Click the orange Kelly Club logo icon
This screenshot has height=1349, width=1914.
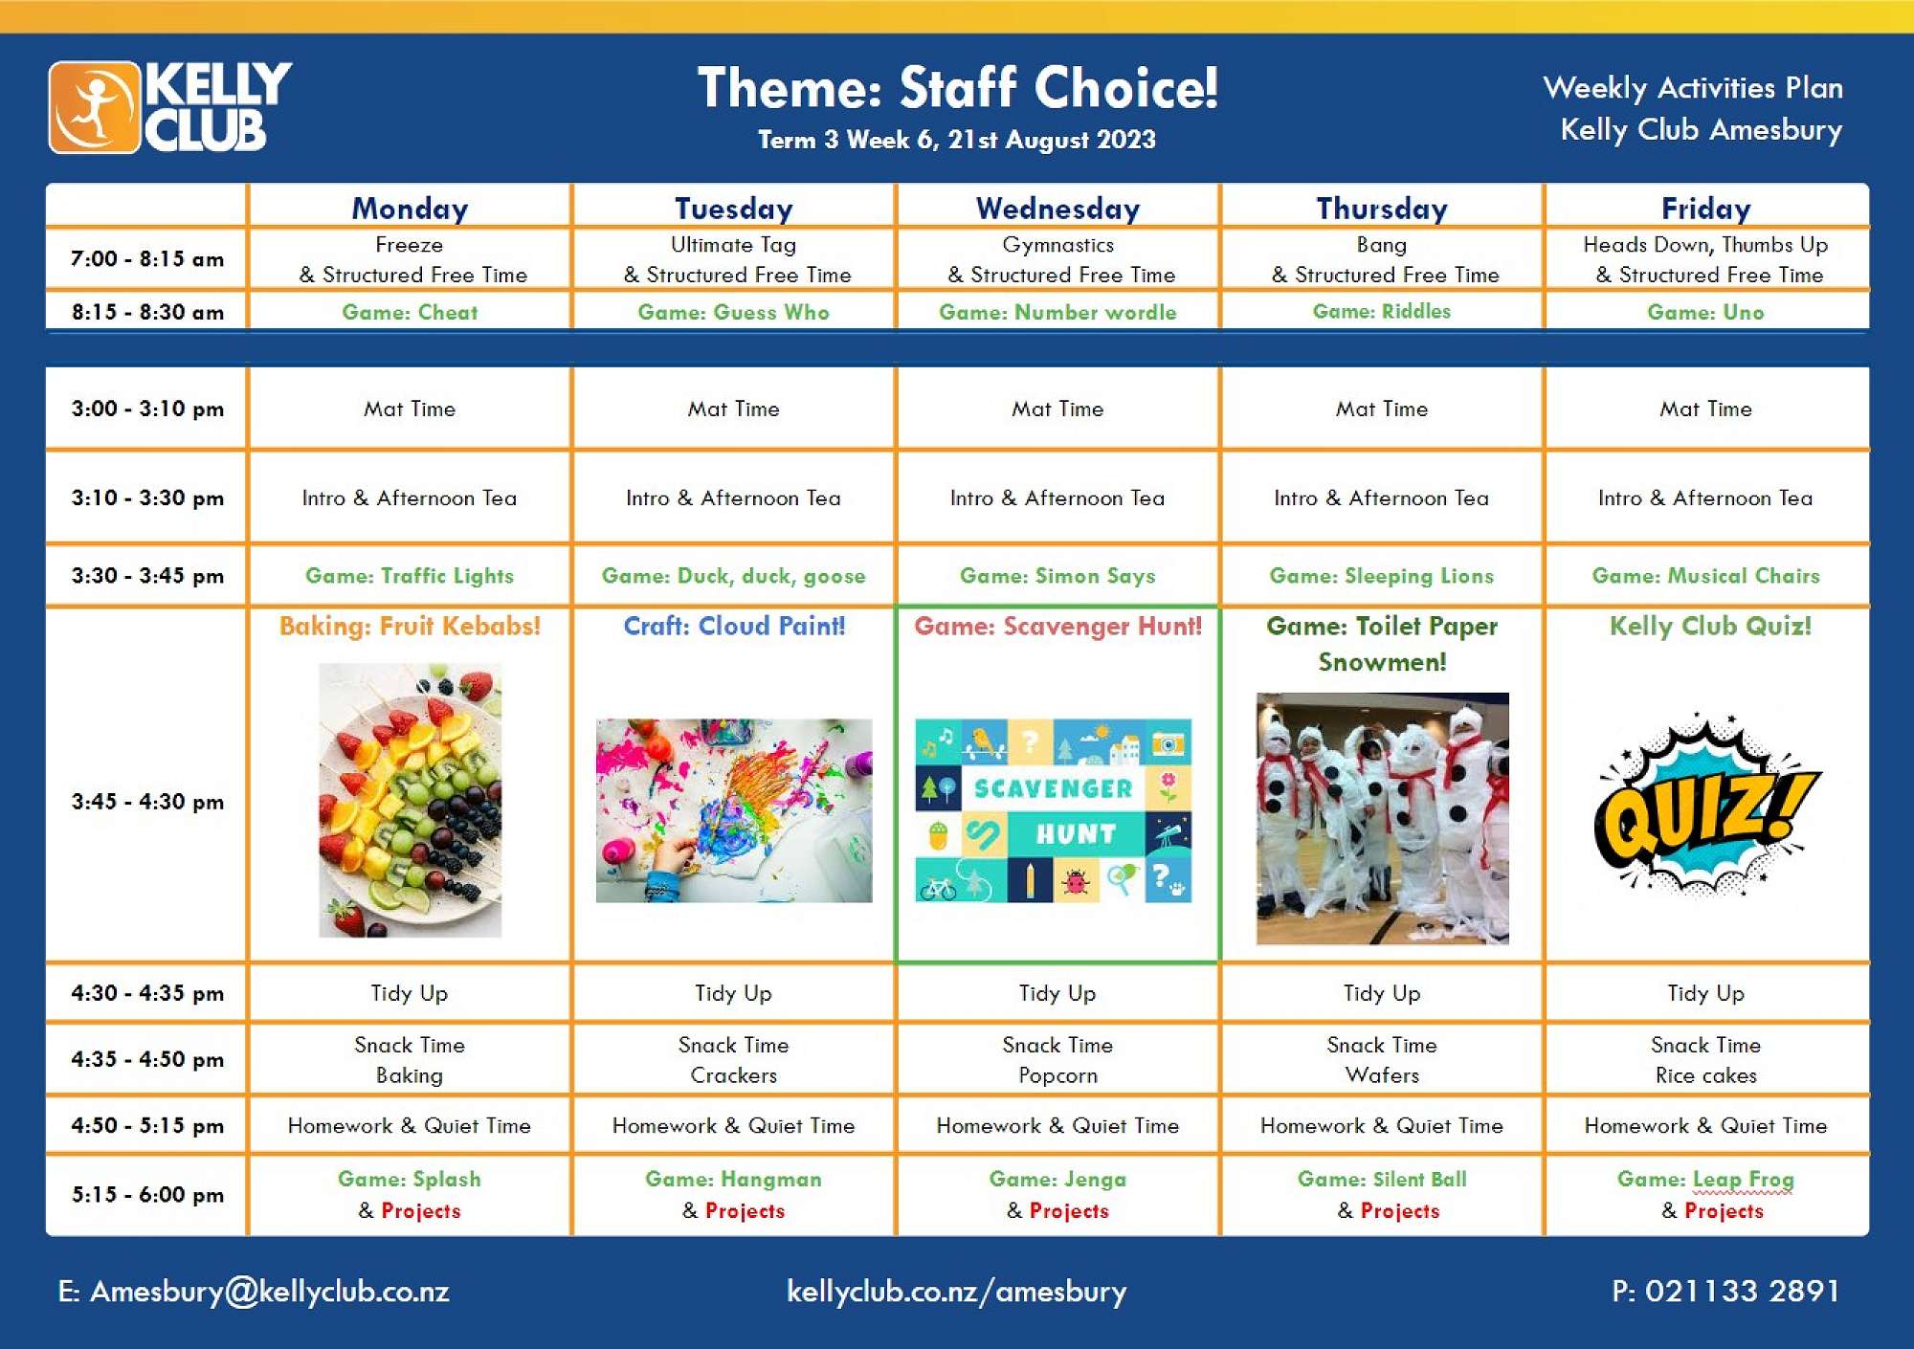click(95, 107)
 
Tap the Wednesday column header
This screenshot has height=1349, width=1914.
click(1057, 209)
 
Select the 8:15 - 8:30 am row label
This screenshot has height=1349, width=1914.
click(147, 312)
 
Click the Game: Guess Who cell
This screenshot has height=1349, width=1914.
click(733, 312)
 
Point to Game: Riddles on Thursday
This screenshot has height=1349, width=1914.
click(1381, 311)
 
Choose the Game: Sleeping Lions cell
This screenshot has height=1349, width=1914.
click(1381, 576)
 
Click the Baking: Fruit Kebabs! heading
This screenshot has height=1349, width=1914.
click(410, 626)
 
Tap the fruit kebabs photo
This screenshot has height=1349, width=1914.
click(410, 800)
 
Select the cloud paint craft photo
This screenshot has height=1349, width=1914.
click(734, 810)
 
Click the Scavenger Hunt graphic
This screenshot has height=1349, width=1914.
click(1054, 810)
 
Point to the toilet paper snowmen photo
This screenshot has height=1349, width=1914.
click(1382, 819)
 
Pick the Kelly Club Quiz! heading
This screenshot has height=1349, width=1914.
click(1710, 626)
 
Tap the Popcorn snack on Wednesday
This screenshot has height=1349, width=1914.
click(1057, 1075)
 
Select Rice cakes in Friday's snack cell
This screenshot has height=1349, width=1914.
click(1706, 1075)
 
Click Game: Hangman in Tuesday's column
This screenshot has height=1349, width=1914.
click(733, 1179)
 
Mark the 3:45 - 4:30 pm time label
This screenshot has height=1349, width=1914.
click(147, 802)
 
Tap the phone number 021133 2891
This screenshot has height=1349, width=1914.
click(1742, 1292)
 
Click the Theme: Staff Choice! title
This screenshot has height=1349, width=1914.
click(957, 88)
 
